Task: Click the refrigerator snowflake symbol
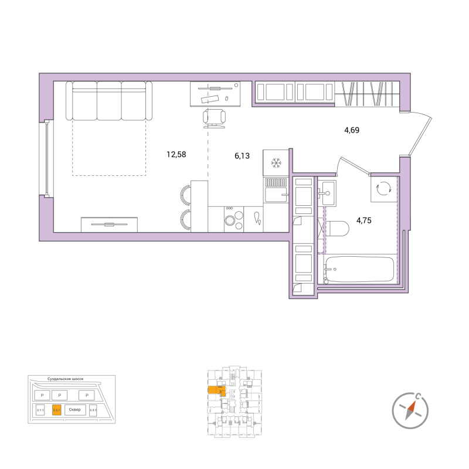tap(276, 162)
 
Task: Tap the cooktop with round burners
tap(234, 219)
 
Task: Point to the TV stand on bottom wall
tap(110, 224)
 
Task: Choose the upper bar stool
tap(185, 194)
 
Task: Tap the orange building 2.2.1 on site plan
tap(57, 410)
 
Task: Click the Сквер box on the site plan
tap(74, 410)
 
